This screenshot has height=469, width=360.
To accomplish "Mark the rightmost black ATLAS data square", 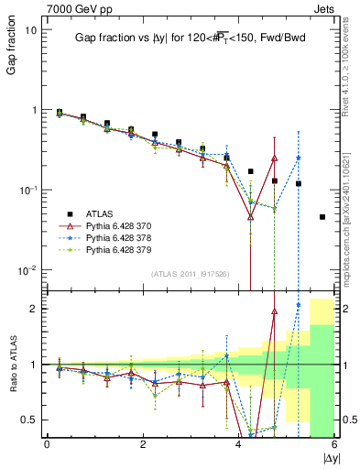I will [x=322, y=217].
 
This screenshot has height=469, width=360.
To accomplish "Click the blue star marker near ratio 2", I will [x=298, y=305].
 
